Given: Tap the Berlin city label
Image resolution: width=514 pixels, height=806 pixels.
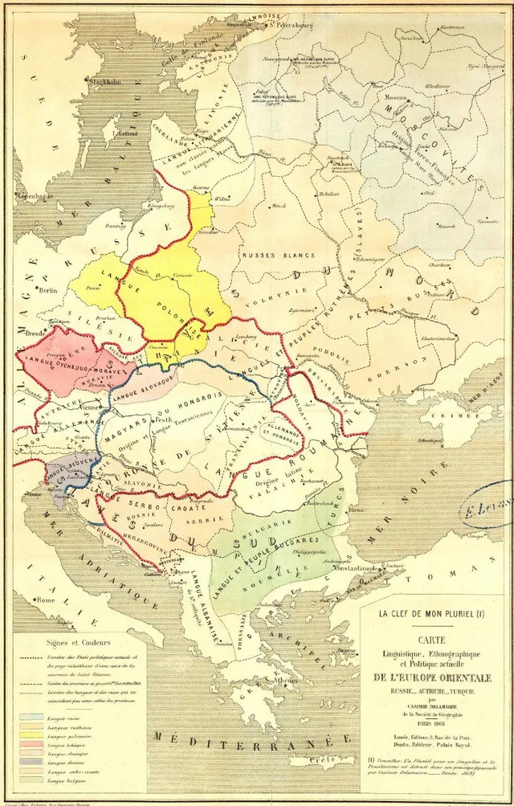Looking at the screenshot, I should pyautogui.click(x=50, y=292).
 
